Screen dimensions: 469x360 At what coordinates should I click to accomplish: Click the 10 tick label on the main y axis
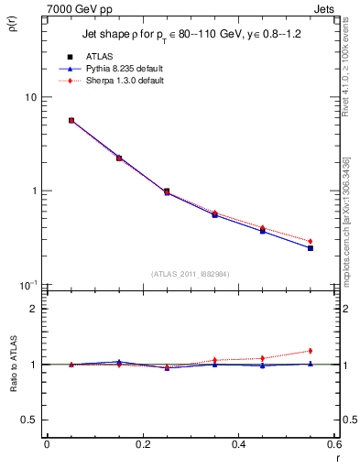30,97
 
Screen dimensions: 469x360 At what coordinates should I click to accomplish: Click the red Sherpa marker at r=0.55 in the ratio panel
311,351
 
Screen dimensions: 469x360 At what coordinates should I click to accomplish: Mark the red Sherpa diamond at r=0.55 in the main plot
311,241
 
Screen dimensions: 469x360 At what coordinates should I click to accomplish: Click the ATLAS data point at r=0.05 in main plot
71,120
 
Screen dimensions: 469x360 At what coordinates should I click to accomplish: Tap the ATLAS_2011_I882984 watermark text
190,273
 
